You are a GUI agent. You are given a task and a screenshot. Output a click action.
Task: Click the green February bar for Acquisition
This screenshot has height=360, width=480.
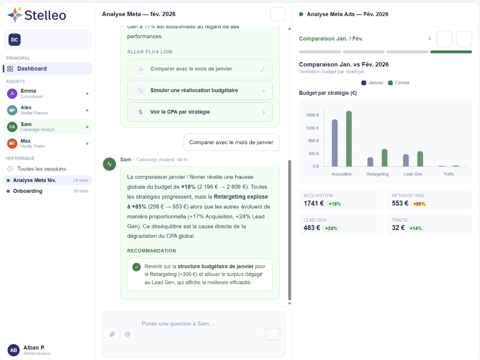(x=349, y=139)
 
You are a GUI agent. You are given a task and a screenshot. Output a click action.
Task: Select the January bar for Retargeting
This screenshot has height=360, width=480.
(x=370, y=162)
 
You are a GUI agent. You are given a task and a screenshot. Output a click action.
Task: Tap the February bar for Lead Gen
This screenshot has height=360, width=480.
(x=420, y=159)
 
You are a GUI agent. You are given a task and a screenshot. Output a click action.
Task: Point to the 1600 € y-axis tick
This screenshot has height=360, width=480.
(x=312, y=115)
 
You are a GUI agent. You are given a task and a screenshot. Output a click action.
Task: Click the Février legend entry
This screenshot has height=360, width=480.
(x=399, y=83)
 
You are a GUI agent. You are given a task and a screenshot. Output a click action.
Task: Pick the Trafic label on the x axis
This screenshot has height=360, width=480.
(x=448, y=174)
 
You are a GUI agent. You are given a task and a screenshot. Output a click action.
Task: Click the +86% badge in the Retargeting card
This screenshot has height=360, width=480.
(x=419, y=204)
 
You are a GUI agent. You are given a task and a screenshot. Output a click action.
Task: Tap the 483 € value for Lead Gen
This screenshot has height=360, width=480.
(x=312, y=228)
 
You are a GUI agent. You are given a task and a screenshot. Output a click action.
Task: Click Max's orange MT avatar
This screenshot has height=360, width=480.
(x=12, y=143)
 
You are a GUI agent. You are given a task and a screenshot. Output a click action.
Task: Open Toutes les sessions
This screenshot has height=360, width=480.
(x=41, y=169)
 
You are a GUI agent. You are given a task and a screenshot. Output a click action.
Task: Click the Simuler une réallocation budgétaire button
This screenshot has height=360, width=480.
(x=200, y=90)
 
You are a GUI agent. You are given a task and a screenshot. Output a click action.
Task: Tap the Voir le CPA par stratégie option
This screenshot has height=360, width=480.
(x=200, y=112)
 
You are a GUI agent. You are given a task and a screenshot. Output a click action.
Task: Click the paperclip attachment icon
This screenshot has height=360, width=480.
(x=112, y=334)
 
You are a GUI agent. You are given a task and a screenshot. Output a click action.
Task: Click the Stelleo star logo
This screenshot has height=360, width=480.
(x=15, y=14)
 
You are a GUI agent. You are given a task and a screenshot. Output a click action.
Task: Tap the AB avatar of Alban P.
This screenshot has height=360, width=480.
(x=13, y=350)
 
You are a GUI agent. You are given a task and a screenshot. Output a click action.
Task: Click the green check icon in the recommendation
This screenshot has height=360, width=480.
(x=137, y=267)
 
